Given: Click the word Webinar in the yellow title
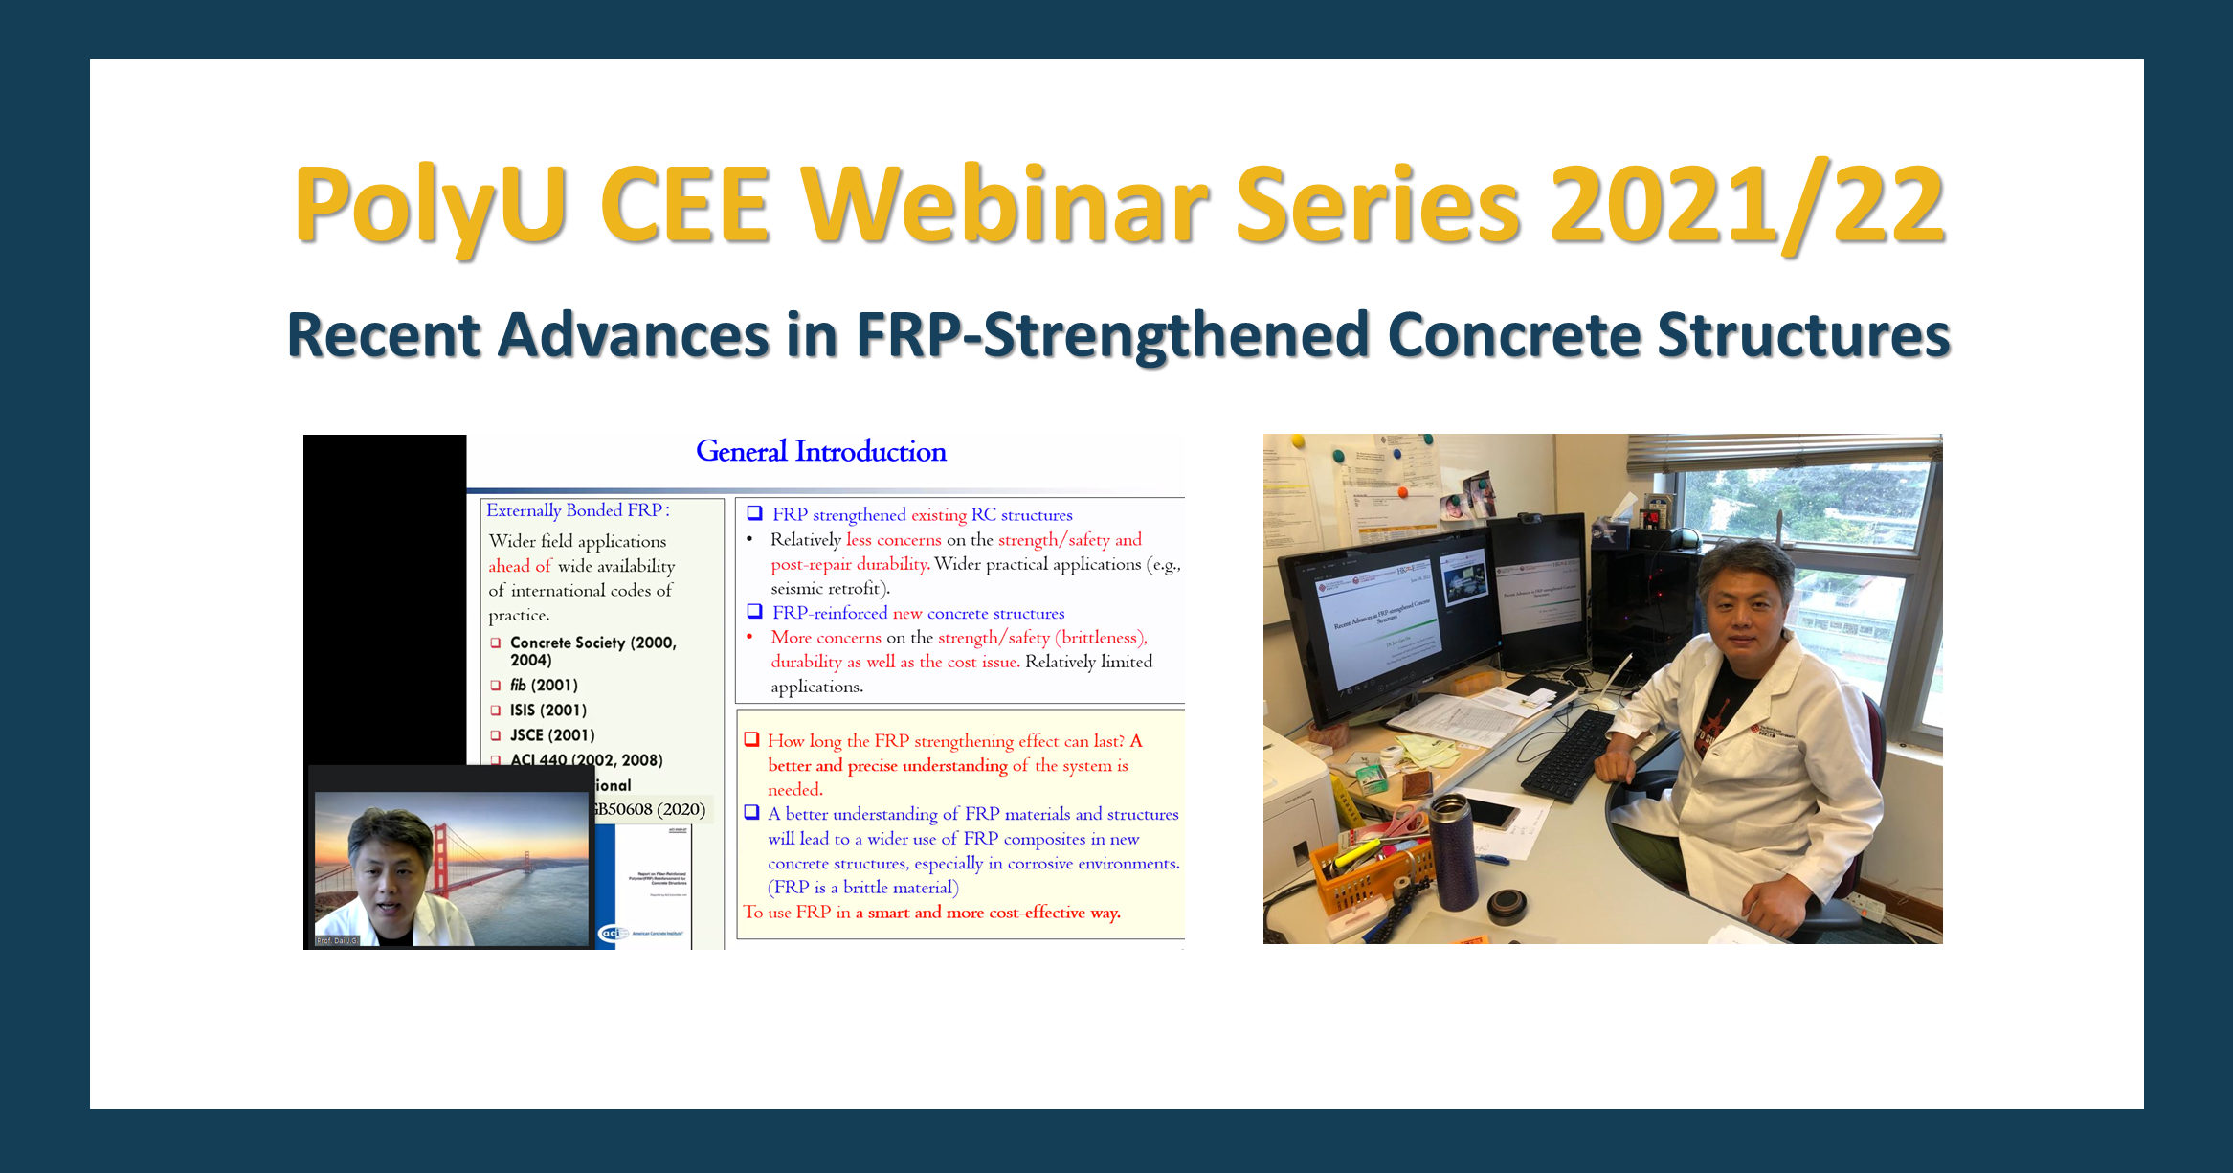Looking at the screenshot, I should pos(1005,204).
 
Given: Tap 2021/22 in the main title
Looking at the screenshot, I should pos(1747,204).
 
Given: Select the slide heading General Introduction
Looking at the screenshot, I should pos(820,451).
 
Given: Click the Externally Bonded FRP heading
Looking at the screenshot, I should pos(577,510).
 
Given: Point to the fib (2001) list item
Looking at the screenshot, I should pos(543,686).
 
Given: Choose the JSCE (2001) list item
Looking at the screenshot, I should pos(551,735).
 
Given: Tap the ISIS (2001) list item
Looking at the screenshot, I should pos(547,711).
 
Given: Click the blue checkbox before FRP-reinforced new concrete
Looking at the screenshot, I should pos(754,612).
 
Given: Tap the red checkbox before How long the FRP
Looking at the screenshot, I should pos(751,739).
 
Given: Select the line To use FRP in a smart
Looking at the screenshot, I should pos(930,913).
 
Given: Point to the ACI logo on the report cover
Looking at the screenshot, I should pos(612,933).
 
